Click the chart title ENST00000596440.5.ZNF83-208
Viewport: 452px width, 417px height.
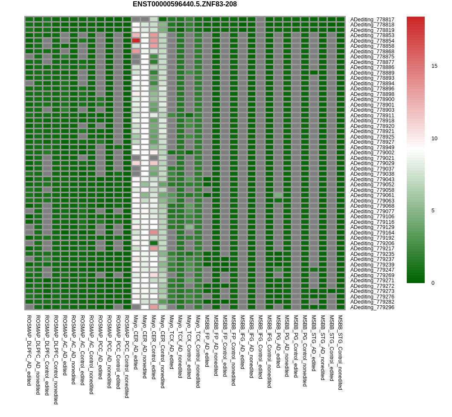coord(184,4)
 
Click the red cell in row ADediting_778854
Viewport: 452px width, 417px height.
coord(136,41)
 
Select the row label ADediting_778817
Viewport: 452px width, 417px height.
coord(372,19)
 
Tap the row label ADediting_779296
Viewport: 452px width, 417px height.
coord(372,307)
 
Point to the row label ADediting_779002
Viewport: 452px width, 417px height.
coord(372,153)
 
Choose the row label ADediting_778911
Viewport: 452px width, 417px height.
coord(372,115)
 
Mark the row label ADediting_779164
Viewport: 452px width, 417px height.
coord(372,232)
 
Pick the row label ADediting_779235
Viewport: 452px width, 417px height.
coord(372,254)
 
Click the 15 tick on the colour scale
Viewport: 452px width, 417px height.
coord(434,66)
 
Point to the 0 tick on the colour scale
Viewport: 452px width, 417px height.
coord(433,283)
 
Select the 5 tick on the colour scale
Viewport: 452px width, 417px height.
coord(433,211)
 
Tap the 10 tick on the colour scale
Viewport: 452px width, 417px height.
coord(434,138)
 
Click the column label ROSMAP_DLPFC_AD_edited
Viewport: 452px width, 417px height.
coord(29,350)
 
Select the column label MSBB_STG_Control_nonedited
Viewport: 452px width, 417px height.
coord(340,352)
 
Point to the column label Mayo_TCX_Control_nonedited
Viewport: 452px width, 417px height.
coord(198,351)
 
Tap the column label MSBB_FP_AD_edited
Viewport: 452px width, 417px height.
coord(207,341)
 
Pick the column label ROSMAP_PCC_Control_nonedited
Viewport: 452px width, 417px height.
coord(127,356)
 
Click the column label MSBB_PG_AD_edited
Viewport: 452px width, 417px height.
coord(278,341)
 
